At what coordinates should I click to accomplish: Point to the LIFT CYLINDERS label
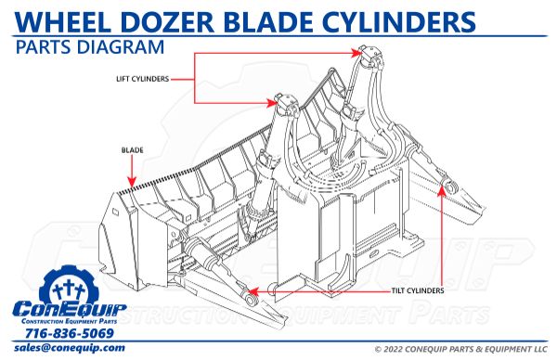click(142, 79)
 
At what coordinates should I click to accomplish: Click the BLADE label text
click(131, 148)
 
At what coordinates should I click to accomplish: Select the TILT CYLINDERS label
click(408, 290)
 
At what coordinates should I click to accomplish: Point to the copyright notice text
click(450, 349)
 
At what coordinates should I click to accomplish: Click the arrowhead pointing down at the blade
click(132, 184)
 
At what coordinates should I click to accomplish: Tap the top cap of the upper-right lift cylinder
click(366, 52)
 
